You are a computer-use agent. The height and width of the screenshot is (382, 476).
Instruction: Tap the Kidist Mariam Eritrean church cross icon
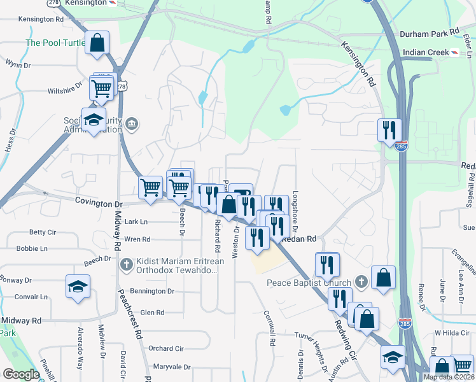pos(126,263)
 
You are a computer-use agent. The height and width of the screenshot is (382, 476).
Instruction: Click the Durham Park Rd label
pos(430,32)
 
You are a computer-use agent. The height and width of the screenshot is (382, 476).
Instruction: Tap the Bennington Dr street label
pos(152,291)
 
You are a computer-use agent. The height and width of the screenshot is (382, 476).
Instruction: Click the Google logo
pos(21,374)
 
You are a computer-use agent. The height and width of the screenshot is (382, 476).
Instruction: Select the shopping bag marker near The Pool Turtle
pos(97,45)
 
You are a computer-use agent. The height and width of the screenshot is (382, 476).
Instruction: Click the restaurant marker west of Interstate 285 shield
pos(388,131)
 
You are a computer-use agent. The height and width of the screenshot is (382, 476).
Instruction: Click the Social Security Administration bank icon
pos(132,122)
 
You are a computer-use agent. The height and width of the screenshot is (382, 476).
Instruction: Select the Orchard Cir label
pos(165,348)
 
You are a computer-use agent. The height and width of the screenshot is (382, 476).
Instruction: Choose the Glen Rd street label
pos(152,312)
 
